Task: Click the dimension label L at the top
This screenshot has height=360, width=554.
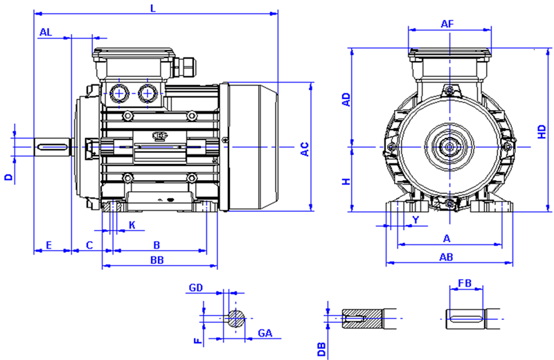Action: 152,8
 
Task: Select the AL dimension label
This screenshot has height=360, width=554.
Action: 46,32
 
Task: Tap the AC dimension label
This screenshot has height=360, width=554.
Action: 303,148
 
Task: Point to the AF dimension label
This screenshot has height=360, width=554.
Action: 447,24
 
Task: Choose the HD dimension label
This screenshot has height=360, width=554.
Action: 542,131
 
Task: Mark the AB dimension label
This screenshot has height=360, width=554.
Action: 447,257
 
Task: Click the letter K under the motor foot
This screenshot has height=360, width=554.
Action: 132,225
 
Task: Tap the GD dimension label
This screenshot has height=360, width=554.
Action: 196,287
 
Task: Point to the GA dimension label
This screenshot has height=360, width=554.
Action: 265,334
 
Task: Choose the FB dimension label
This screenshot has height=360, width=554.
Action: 465,283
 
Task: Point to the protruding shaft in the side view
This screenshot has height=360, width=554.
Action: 54,147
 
